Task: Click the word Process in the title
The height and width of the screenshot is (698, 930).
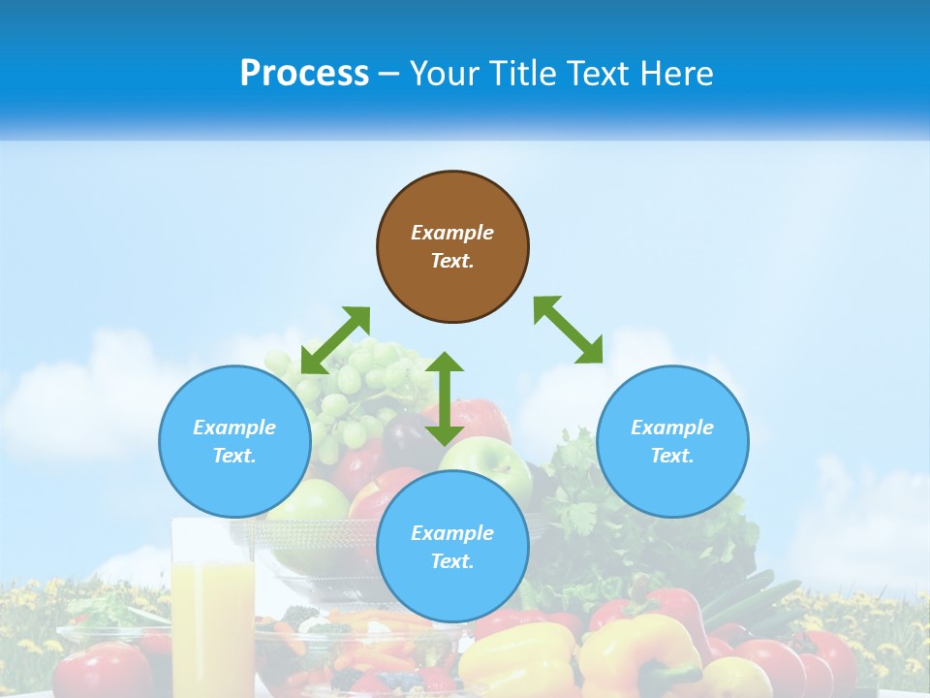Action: coord(304,74)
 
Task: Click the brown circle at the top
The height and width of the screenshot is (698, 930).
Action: coord(452,246)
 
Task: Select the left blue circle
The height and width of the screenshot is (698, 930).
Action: coord(234,441)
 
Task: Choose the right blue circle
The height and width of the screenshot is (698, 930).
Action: coord(672,441)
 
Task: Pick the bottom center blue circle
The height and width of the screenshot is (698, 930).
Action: coord(452,547)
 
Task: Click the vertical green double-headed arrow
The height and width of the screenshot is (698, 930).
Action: coord(445,398)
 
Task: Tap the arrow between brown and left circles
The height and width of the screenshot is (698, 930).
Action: coord(335,340)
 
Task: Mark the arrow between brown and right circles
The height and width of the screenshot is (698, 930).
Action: coord(568,330)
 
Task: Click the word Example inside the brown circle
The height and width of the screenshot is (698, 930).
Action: coord(452,233)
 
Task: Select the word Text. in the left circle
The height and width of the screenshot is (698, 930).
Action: coord(234,456)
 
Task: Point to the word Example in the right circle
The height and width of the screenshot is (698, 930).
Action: coord(672,428)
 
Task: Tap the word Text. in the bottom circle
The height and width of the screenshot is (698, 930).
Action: coord(452,561)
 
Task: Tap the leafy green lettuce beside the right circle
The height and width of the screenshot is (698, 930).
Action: coord(581,504)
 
